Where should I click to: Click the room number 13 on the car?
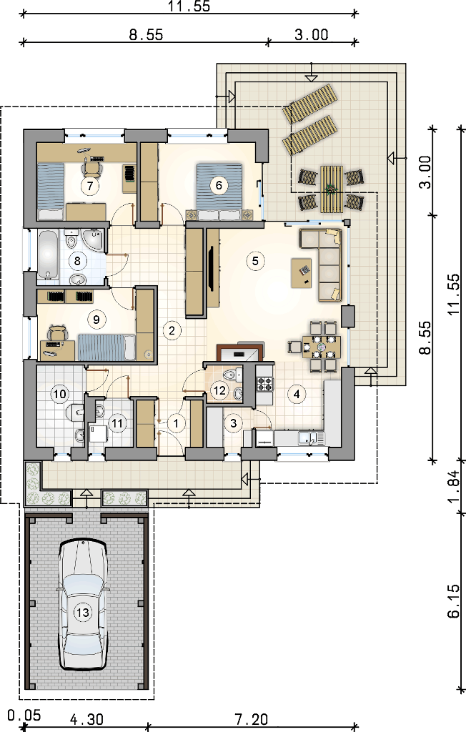click(x=83, y=612)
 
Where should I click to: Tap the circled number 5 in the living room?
click(x=255, y=260)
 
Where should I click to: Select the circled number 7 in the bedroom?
click(x=89, y=185)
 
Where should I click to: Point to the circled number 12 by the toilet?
click(x=219, y=390)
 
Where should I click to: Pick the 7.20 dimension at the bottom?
click(x=252, y=719)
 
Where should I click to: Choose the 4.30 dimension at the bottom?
click(x=87, y=719)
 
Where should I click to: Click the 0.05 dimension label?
click(x=24, y=716)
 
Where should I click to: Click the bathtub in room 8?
click(x=48, y=257)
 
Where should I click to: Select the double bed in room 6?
click(x=219, y=191)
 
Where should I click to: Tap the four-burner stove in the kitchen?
click(x=264, y=384)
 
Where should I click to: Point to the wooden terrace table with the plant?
click(x=332, y=189)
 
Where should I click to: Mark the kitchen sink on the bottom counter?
click(x=308, y=439)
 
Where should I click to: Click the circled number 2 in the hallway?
click(x=172, y=330)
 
